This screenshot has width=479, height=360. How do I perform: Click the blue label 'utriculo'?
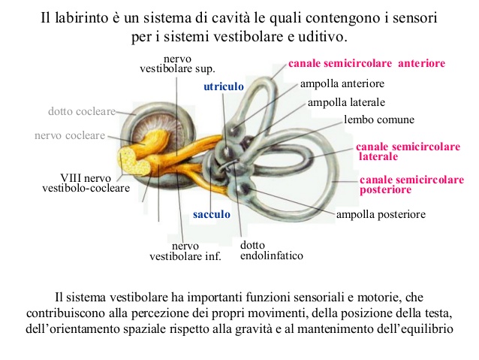tap(224, 86)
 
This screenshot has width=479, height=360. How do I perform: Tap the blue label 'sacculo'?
tap(212, 214)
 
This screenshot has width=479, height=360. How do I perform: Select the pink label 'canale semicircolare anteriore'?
tap(366, 63)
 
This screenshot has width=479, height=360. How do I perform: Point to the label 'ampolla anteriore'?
tap(342, 83)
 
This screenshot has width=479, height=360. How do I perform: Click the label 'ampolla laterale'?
tap(346, 102)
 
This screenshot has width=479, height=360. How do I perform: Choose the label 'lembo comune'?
tap(379, 119)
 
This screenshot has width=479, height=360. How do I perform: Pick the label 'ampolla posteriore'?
tap(381, 214)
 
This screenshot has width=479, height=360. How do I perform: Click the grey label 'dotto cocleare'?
tap(82, 111)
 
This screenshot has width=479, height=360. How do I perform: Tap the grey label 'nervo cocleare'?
tap(70, 135)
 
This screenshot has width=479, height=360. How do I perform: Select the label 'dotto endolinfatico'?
tap(272, 250)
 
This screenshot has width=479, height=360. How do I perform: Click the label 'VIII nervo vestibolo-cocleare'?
tap(86, 183)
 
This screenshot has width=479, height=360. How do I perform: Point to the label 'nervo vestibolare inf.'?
tap(185, 251)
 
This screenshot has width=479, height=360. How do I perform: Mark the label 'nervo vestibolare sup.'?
tap(177, 64)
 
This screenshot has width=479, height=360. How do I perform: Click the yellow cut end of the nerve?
tap(134, 161)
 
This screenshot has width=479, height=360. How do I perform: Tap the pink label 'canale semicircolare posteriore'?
tap(411, 184)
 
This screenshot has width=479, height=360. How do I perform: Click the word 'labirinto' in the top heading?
tap(81, 18)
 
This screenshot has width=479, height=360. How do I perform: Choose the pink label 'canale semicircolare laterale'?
tap(408, 151)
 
